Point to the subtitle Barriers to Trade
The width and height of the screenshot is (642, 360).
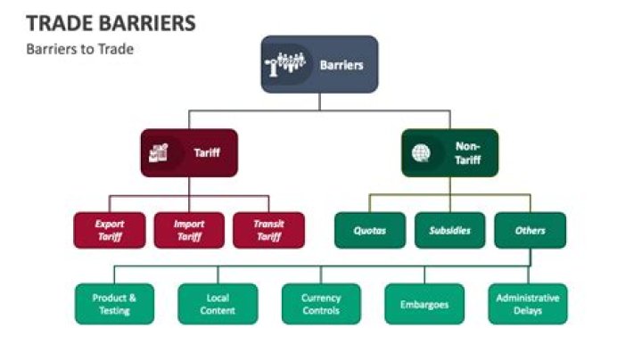80,49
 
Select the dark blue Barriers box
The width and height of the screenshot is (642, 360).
319,64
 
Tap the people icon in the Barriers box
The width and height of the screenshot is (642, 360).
286,64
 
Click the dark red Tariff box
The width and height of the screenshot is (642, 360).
189,152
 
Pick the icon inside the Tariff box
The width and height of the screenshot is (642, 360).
160,152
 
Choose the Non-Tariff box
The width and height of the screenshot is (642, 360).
449,152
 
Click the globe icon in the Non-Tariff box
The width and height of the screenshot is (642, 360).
421,152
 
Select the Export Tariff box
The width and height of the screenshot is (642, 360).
111,230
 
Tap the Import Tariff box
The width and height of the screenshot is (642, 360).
189,230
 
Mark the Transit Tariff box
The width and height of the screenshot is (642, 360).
267,230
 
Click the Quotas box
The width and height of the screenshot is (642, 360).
369,230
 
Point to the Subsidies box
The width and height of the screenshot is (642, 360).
449,230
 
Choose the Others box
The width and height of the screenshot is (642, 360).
530,230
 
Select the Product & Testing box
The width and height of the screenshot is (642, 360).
114,304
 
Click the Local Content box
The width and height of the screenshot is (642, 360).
218,304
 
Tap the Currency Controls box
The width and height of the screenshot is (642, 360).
321,304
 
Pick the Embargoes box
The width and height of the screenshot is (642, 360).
424,304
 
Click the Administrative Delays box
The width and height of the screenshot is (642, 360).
528,304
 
